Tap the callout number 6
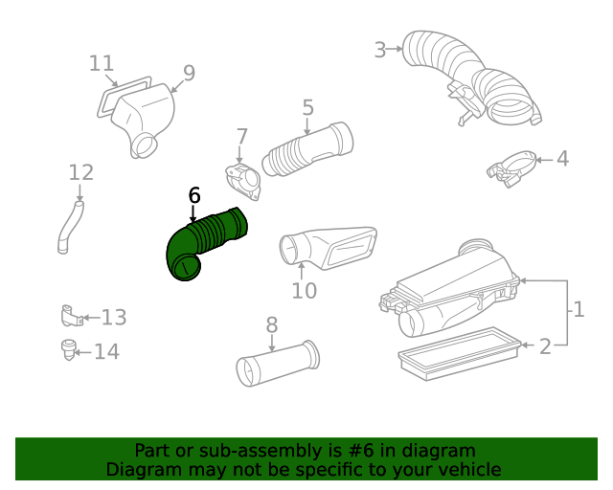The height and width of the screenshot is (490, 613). tap(194, 195)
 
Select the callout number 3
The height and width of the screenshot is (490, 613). tap(380, 49)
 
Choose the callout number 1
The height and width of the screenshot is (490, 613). tap(578, 309)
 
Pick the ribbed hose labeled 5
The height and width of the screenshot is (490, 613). tap(307, 147)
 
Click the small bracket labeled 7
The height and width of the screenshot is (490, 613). tap(241, 181)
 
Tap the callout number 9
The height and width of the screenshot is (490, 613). tap(189, 73)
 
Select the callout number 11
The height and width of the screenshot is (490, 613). tap(102, 63)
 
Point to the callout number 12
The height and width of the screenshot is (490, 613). tap(81, 172)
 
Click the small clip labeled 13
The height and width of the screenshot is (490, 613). tap(69, 315)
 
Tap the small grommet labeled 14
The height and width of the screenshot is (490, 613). tap(68, 349)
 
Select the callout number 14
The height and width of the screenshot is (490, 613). tap(106, 351)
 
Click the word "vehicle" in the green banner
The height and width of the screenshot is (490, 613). tap(467, 469)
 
